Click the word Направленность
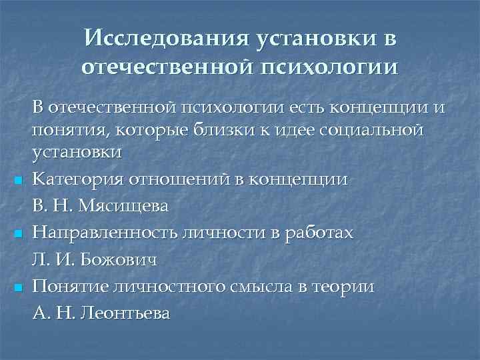[x=97, y=233]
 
